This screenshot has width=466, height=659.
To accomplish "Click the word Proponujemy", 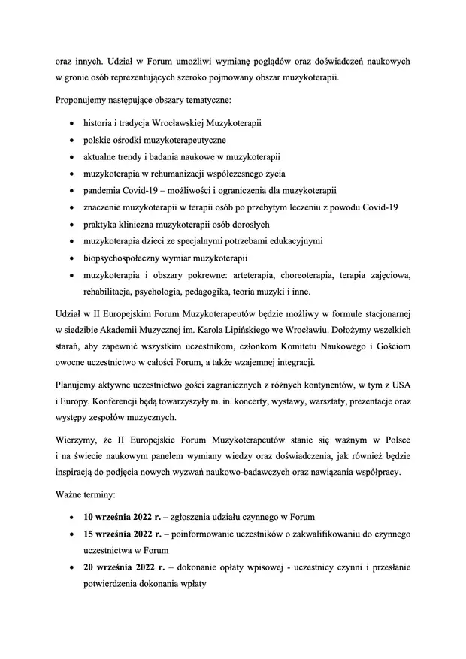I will [x=82, y=100].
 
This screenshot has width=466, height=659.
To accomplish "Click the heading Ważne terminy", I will [x=84, y=495].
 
